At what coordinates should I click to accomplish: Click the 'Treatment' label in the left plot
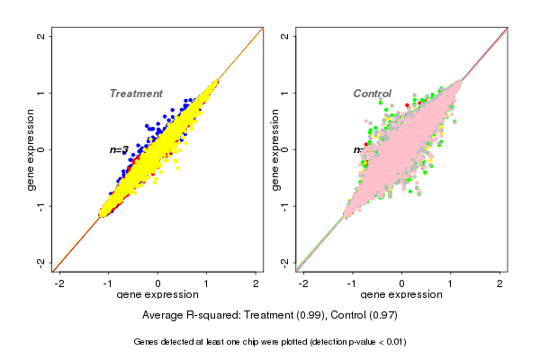[x=136, y=94]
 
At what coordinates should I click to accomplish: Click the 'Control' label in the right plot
[x=372, y=94]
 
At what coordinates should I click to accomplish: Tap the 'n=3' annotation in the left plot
[x=120, y=149]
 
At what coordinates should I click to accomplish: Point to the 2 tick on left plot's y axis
[x=41, y=36]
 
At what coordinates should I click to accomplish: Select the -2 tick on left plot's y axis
[x=41, y=262]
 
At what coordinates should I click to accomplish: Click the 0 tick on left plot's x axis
[x=158, y=283]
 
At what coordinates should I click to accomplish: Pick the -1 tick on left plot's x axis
[x=109, y=283]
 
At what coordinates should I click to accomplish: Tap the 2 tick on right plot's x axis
[x=500, y=283]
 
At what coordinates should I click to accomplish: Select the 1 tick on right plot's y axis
[x=285, y=93]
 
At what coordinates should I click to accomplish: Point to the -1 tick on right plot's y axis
[x=285, y=205]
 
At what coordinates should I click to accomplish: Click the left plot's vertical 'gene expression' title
[x=31, y=149]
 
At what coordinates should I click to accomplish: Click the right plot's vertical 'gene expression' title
[x=274, y=149]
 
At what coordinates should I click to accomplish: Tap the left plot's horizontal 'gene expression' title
[x=158, y=295]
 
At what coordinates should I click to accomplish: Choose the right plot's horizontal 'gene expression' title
[x=401, y=295]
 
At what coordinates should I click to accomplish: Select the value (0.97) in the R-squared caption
[x=382, y=315]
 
